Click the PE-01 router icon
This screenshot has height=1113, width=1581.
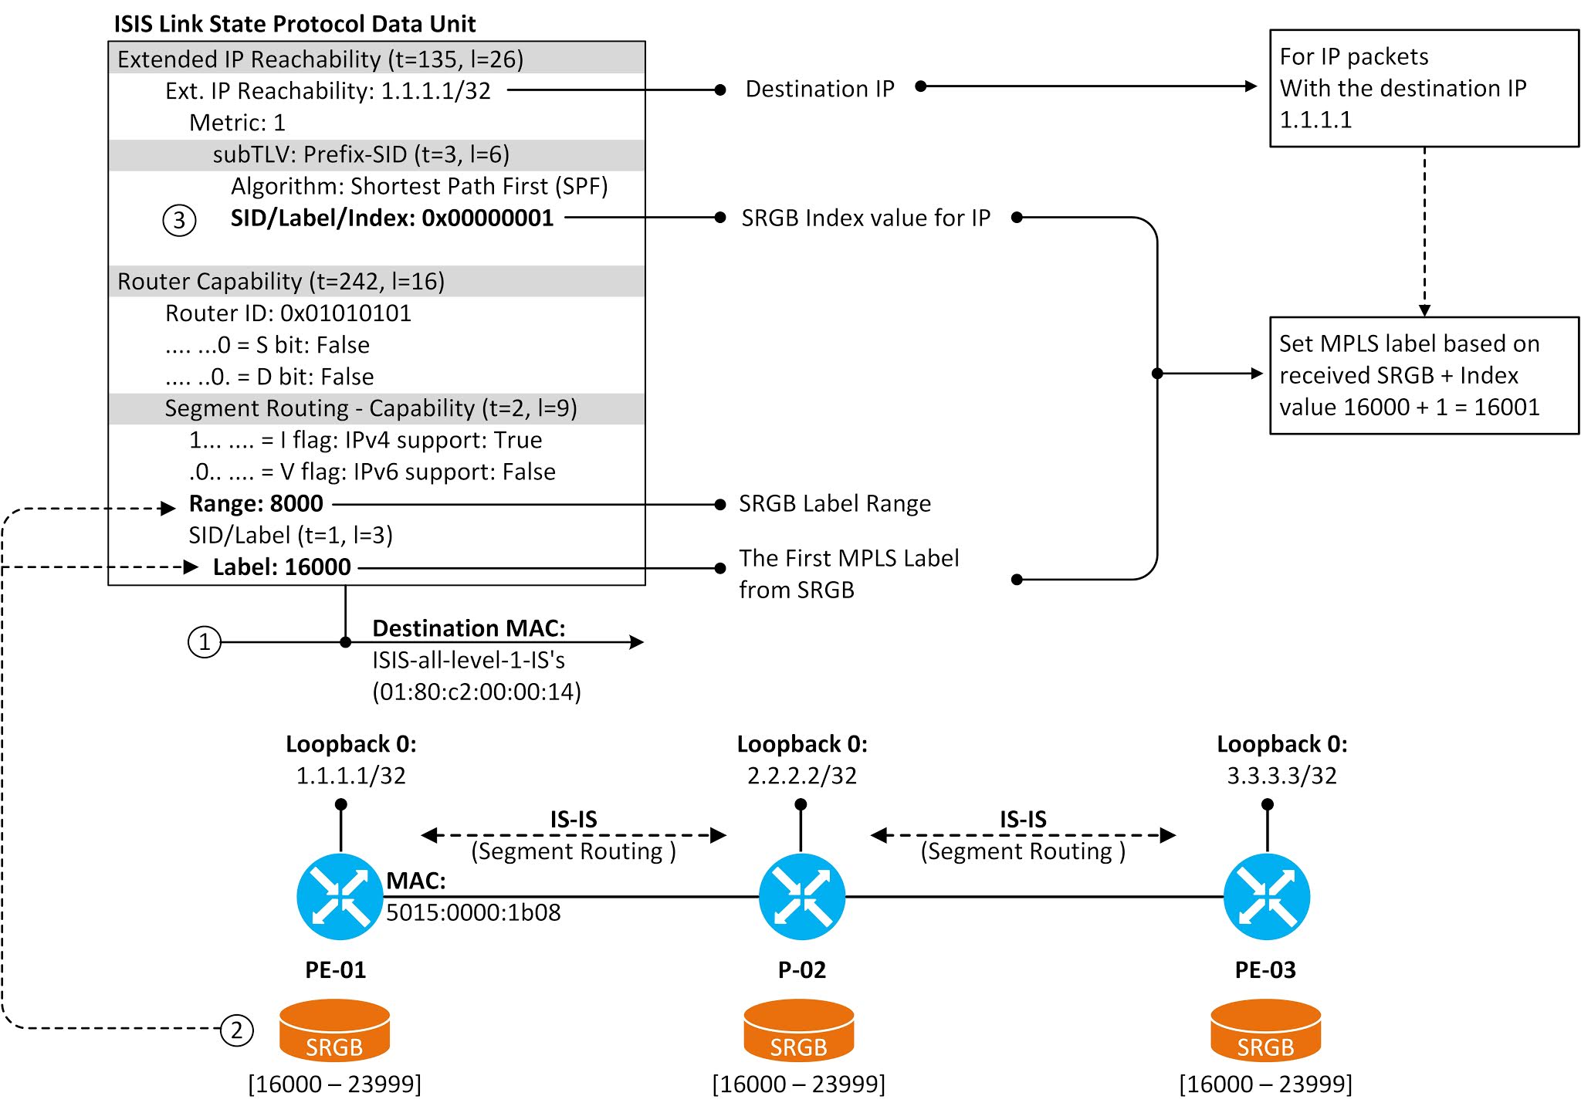click(x=340, y=897)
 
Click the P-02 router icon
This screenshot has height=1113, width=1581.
click(x=801, y=897)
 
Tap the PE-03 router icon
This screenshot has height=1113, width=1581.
click(x=1266, y=897)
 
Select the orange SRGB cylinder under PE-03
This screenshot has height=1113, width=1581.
click(x=1265, y=1031)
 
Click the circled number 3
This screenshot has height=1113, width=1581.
click(x=179, y=221)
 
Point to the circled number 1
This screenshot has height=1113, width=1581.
click(x=205, y=642)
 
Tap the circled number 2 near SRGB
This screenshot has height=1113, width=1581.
click(x=236, y=1030)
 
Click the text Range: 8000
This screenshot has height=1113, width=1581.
click(x=256, y=504)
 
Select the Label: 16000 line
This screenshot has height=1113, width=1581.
click(x=282, y=567)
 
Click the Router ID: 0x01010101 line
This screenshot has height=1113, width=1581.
click(x=288, y=313)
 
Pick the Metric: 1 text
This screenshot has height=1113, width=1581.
click(x=237, y=123)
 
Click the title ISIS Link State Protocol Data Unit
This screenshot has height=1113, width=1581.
click(x=295, y=24)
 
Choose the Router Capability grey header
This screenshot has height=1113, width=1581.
click(x=376, y=282)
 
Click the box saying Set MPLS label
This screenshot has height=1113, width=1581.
click(x=1424, y=376)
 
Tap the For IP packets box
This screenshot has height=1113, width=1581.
click(x=1424, y=88)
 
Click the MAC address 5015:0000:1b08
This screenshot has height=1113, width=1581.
click(x=473, y=912)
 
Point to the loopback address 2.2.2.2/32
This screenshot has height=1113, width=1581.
click(x=801, y=775)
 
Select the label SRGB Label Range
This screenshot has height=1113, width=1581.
click(x=835, y=504)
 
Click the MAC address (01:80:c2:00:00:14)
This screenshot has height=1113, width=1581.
click(x=476, y=692)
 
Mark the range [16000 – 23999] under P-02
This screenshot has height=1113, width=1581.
click(x=798, y=1084)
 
